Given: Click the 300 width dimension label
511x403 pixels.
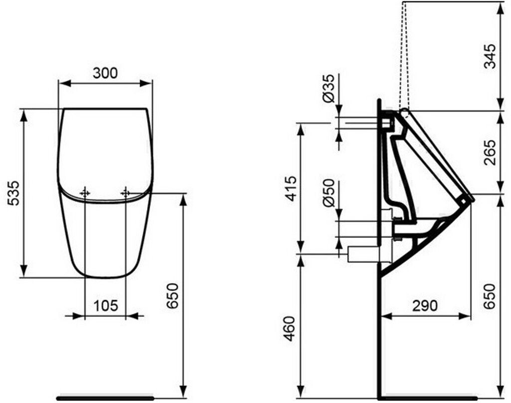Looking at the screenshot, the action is (105, 73).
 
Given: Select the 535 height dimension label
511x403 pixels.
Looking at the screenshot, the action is (14, 193).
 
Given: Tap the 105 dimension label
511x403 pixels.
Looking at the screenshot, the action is (105, 305).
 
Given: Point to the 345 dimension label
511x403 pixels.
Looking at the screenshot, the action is (489, 56).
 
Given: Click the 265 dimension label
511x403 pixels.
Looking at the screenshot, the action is (489, 152).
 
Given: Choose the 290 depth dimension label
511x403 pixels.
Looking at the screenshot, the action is (425, 305).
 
